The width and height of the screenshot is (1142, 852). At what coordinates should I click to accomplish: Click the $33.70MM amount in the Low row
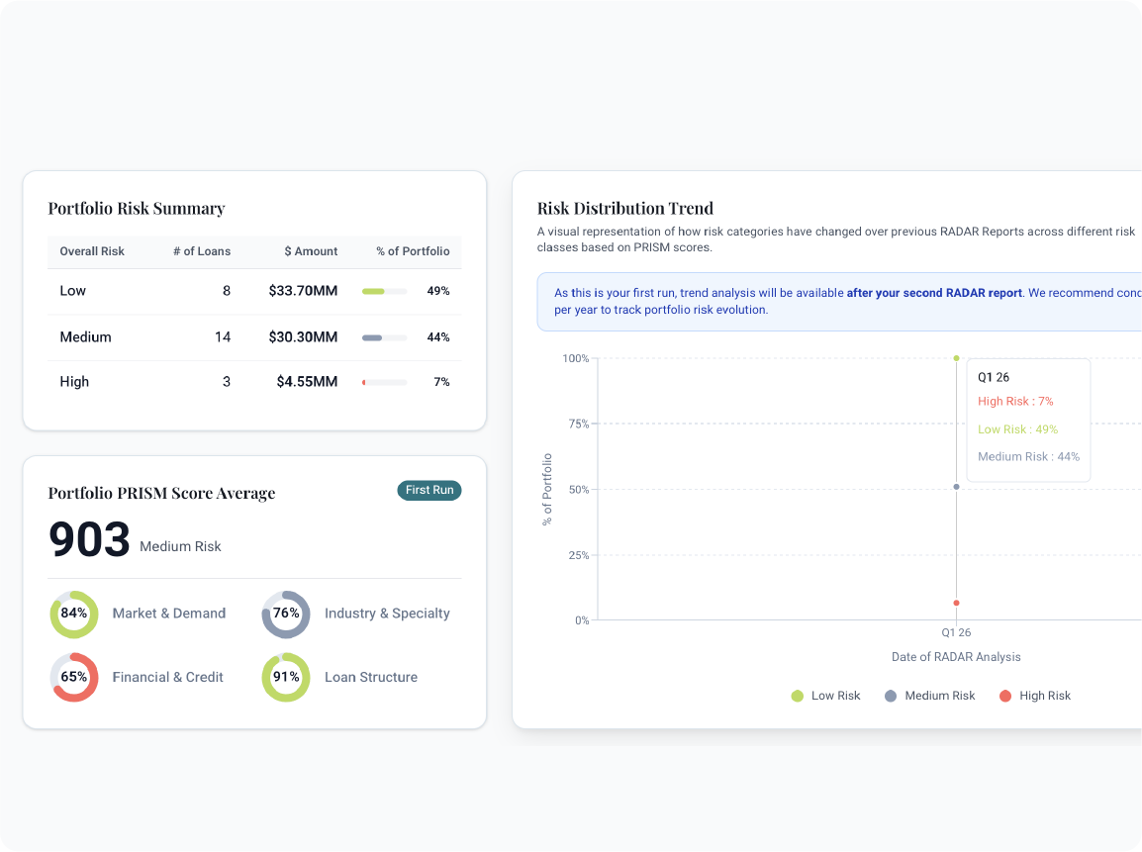coord(303,291)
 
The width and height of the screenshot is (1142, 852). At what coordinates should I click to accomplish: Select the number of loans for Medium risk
coord(223,337)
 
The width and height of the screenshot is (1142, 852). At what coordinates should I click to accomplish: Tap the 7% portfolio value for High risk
coord(441,382)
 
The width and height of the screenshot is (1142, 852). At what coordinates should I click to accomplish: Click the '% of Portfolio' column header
coord(413,251)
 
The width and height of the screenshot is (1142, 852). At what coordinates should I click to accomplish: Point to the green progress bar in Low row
coord(374,292)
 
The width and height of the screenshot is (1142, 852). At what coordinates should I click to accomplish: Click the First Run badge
coord(429,490)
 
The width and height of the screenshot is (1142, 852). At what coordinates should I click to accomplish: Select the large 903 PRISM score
coord(90,539)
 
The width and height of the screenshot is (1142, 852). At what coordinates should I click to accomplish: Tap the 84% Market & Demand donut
coord(74,614)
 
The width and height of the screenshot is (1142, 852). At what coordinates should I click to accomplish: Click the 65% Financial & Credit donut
coord(74,678)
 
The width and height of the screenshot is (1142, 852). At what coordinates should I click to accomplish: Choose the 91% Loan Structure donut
coord(286,678)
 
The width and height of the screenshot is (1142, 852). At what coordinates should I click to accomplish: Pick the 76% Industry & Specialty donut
coord(286,614)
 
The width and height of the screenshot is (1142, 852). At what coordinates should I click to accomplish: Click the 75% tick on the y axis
coord(577,424)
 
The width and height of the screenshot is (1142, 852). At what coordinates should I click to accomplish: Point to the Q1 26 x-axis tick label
coord(956,632)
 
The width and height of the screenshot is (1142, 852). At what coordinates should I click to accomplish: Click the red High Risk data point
coord(956,603)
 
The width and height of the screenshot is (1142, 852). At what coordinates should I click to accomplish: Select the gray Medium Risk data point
coord(956,487)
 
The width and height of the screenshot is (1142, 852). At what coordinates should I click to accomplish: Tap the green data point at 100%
coord(956,358)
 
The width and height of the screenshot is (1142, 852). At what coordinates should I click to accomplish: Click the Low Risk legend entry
coord(826,696)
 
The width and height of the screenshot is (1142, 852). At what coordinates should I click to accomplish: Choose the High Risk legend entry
coord(1035,696)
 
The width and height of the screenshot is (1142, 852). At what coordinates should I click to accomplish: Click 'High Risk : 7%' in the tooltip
coord(1015,402)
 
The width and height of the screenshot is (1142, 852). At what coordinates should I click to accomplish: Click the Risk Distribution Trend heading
coord(625,208)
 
